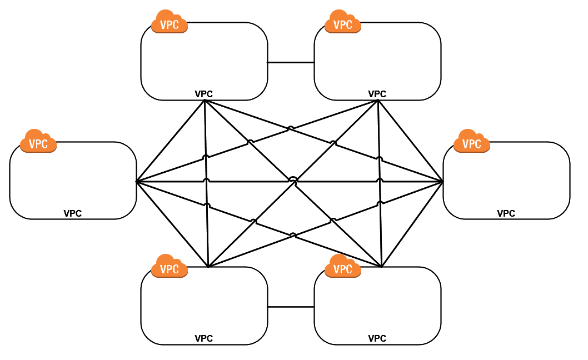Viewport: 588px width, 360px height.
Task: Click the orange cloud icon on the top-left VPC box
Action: (170, 22)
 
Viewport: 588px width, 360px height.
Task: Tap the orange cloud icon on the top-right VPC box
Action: (343, 22)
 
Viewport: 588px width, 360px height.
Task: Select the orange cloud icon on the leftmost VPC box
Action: (38, 142)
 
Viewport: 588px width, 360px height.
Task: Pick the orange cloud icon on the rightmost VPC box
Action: (472, 142)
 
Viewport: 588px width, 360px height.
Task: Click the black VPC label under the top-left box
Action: (204, 94)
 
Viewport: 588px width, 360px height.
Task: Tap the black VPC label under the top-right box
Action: (377, 94)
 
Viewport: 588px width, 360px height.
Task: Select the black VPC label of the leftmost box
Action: (73, 213)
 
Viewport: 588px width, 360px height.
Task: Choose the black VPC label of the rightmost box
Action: (506, 213)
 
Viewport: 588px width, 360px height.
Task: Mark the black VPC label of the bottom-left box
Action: (204, 338)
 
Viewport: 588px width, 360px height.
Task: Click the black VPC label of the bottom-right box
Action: (377, 338)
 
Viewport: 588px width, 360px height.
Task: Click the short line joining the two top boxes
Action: (291, 62)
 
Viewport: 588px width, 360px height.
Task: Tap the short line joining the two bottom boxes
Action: (291, 307)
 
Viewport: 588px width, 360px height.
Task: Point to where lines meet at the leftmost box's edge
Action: (137, 182)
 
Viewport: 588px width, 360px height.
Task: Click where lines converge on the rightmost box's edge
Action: (443, 182)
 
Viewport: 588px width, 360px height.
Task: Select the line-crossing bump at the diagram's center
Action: (293, 179)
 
